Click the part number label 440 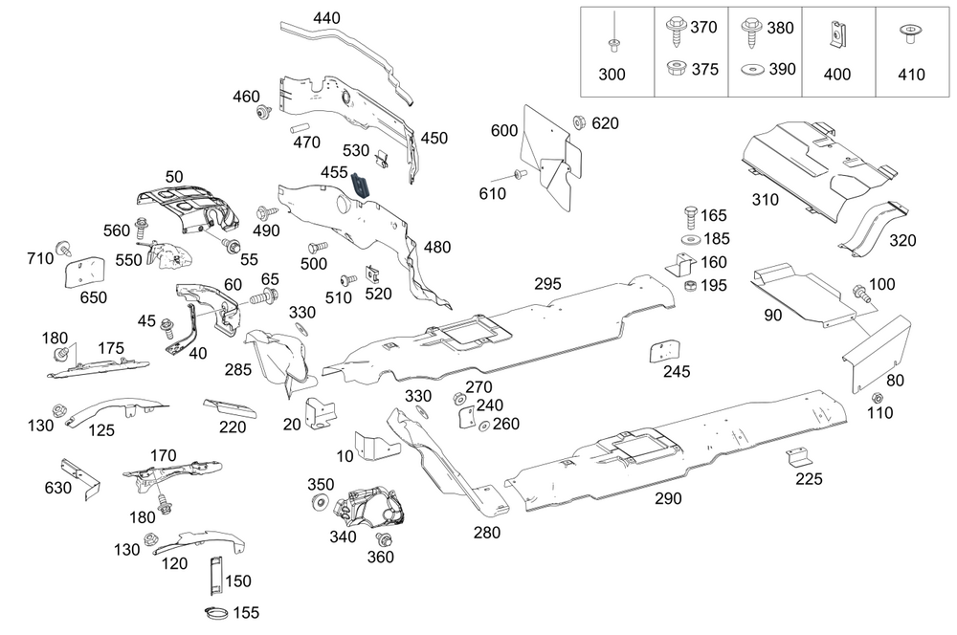[326, 18]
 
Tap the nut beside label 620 [579, 122]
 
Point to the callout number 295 [548, 284]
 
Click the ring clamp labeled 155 [216, 612]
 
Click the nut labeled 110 [877, 398]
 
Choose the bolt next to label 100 [862, 296]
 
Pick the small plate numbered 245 [665, 351]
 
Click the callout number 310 [792, 201]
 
